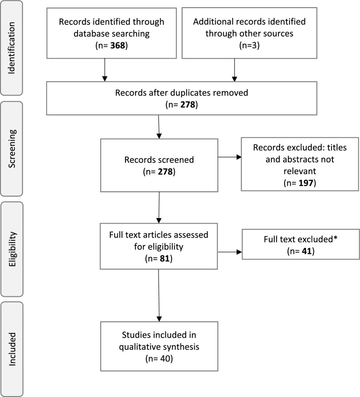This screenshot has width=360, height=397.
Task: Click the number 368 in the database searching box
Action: [117, 46]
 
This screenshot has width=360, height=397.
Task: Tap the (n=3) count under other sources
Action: [249, 46]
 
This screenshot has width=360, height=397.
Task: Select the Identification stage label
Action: [12, 48]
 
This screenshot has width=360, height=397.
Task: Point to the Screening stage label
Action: [12, 148]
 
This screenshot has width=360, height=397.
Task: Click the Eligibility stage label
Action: [12, 249]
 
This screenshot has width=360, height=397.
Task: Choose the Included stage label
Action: [12, 349]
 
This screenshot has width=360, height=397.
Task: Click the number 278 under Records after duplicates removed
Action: [188, 105]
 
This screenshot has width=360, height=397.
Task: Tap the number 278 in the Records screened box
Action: [165, 172]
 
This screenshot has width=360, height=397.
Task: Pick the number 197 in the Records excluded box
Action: [306, 183]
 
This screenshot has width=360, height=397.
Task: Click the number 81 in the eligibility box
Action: [164, 259]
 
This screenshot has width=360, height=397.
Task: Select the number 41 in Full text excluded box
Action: [307, 251]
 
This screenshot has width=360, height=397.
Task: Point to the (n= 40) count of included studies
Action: [159, 359]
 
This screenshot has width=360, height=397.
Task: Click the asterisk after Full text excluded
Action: [336, 238]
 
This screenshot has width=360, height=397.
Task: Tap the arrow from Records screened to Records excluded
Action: [230, 157]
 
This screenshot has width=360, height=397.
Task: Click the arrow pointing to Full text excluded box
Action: [230, 252]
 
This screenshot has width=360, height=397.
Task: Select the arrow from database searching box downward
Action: [105, 70]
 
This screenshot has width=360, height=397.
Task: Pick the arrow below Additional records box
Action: [234, 70]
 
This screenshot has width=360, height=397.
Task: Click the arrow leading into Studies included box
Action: [159, 295]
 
